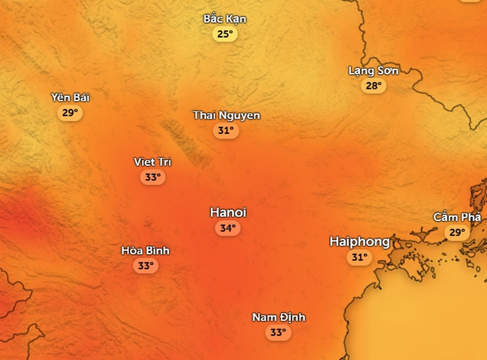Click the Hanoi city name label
click(x=228, y=212)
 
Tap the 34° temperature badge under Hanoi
click(x=227, y=228)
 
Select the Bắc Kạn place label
click(x=225, y=19)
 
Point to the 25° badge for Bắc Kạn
click(x=225, y=35)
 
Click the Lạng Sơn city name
click(x=373, y=71)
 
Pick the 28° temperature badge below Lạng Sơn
click(x=373, y=86)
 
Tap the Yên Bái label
click(x=70, y=98)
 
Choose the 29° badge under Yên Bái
click(x=70, y=113)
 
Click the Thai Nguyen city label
click(x=226, y=115)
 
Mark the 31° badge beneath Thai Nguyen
click(x=226, y=130)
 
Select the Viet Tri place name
click(x=153, y=162)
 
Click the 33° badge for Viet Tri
click(x=153, y=177)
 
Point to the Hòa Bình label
click(x=145, y=251)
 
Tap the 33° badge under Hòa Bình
click(x=145, y=266)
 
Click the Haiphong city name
click(x=359, y=242)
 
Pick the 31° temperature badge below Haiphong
click(x=359, y=258)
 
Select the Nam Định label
click(x=279, y=317)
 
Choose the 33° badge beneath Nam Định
click(x=278, y=332)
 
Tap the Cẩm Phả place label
click(x=457, y=217)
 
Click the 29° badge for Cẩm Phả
click(x=457, y=233)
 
